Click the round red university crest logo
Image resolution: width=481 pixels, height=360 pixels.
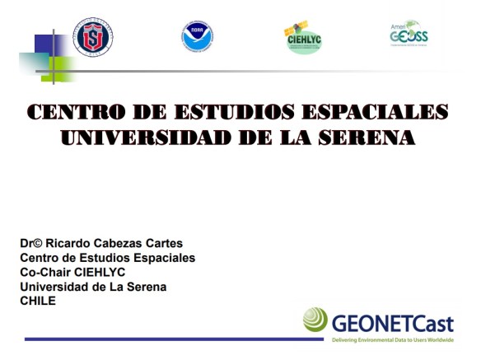tap(93, 37)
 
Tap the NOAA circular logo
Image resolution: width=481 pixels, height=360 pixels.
tap(198, 37)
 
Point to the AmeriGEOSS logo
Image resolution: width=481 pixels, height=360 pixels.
tap(409, 34)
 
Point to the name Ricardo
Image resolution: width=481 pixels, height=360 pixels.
tap(66, 243)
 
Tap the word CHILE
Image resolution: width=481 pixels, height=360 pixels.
tap(38, 301)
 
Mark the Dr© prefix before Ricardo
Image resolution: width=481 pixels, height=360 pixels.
tap(30, 243)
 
